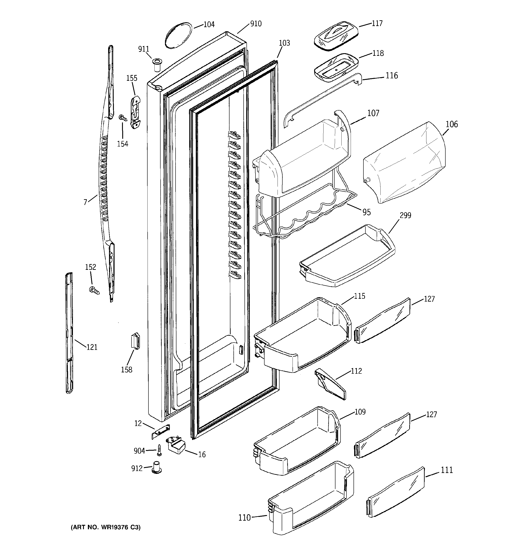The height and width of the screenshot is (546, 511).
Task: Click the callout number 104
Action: pyautogui.click(x=209, y=24)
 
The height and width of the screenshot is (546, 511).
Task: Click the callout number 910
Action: pyautogui.click(x=256, y=24)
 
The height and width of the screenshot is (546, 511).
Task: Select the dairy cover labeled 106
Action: pyautogui.click(x=403, y=162)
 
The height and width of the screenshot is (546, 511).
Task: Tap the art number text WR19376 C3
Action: pyautogui.click(x=106, y=527)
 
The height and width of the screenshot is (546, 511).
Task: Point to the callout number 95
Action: pyautogui.click(x=367, y=212)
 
